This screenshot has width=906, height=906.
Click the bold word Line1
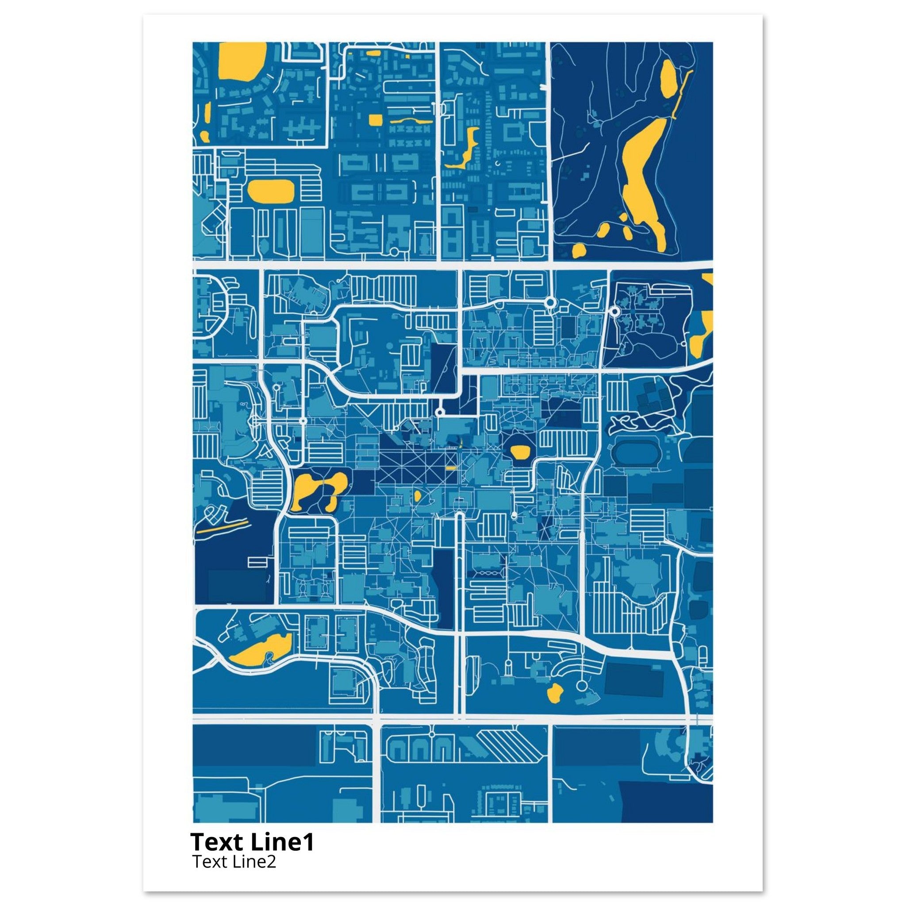[x=282, y=843]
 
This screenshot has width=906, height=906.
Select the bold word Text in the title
[x=219, y=843]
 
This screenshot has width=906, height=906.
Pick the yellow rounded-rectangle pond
[x=271, y=191]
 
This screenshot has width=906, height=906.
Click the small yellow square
[x=375, y=119]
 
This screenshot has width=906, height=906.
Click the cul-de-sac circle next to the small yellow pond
[x=581, y=686]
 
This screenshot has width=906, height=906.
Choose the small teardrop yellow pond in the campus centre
[x=417, y=495]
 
